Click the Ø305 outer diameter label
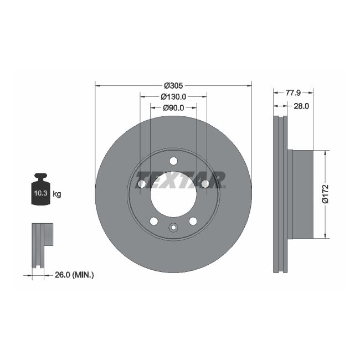click(x=173, y=86)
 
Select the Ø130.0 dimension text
click(x=173, y=96)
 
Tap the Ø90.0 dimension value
click(x=173, y=107)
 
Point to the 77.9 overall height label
click(x=293, y=93)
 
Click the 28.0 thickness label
click(x=301, y=106)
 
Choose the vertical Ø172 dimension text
click(x=326, y=194)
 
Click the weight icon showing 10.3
click(x=40, y=191)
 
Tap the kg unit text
click(x=57, y=194)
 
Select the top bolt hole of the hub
click(x=173, y=161)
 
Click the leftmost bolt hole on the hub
click(x=141, y=184)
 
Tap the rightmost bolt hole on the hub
click(x=205, y=184)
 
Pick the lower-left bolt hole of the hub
click(x=153, y=221)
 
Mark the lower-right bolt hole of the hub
click(x=193, y=221)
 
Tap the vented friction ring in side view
click(x=281, y=194)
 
